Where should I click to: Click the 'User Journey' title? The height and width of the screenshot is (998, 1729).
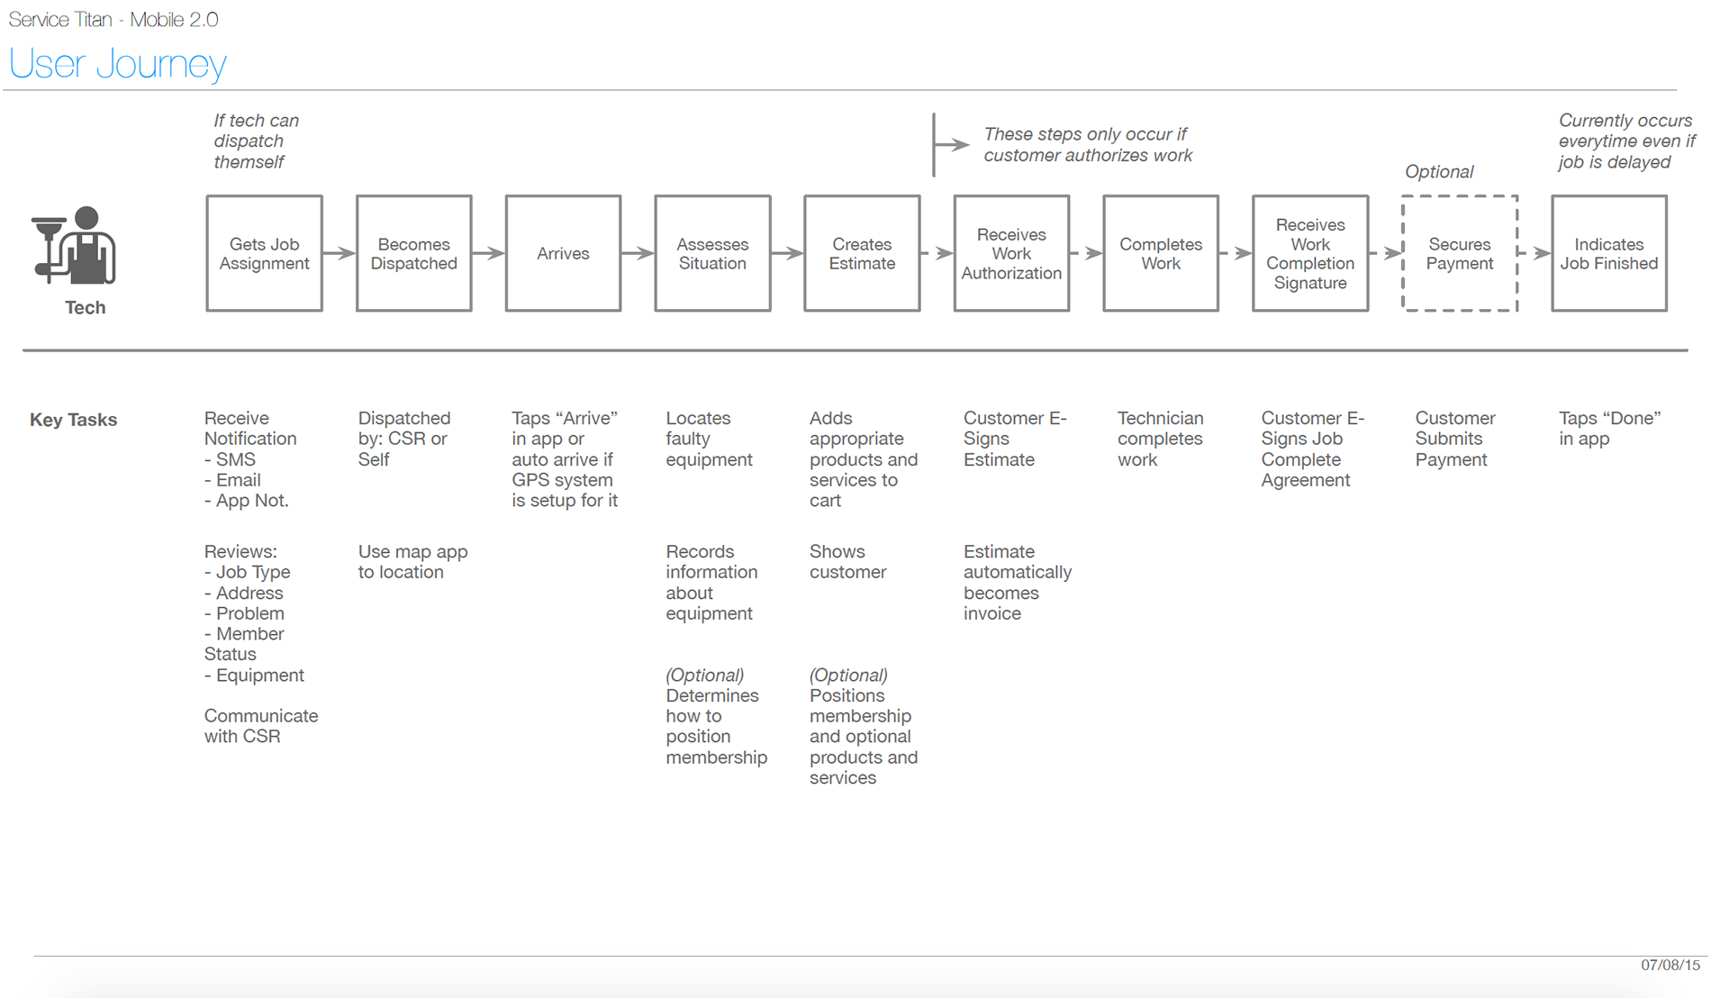117,64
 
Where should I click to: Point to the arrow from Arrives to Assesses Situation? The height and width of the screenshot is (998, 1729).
638,254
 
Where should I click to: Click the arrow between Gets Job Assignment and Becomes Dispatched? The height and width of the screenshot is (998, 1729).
339,254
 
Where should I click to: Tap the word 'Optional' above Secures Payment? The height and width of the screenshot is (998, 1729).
1439,172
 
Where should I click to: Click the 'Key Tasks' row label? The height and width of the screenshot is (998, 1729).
73,420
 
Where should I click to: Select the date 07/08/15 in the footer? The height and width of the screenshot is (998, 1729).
1670,965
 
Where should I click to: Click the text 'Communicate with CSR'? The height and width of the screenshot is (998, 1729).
261,726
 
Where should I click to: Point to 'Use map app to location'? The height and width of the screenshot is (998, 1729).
412,562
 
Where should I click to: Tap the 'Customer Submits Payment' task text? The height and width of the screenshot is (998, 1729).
1454,439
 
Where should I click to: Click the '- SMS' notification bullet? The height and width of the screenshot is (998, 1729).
230,459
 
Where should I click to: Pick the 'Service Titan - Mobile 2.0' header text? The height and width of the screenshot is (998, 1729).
113,20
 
